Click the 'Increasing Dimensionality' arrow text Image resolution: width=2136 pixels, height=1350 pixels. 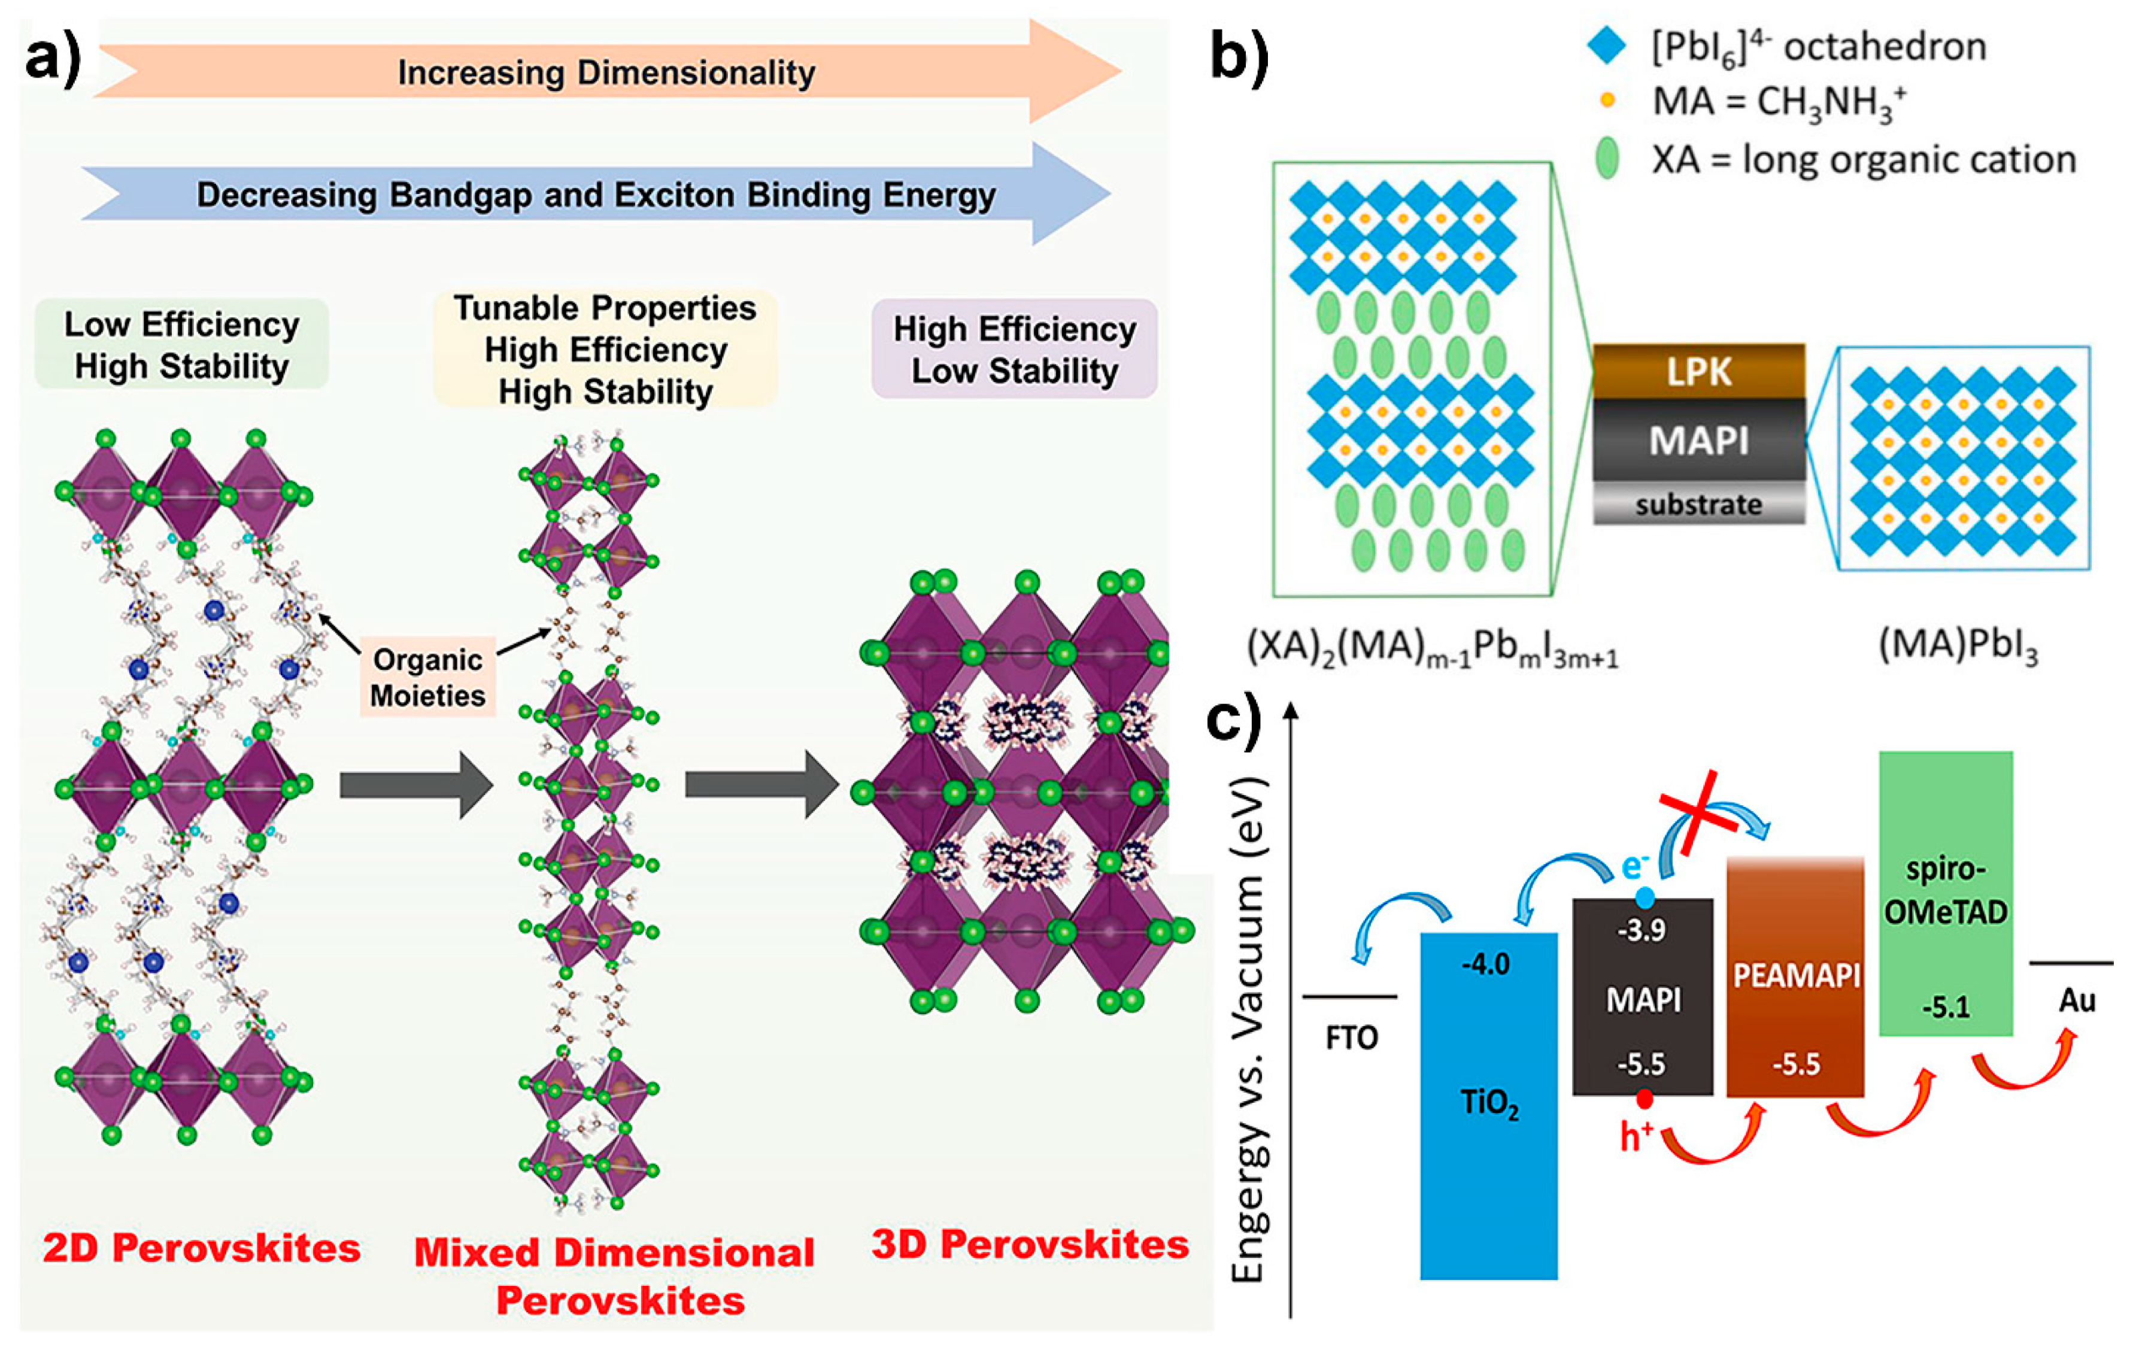click(606, 72)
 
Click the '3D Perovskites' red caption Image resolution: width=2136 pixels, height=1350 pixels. click(1030, 1245)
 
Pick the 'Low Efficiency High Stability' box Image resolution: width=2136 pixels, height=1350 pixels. click(182, 345)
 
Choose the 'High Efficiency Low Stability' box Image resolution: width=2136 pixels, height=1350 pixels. click(1015, 350)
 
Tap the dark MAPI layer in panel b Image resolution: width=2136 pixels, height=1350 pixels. click(1698, 440)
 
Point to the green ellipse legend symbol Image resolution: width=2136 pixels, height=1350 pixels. click(1606, 160)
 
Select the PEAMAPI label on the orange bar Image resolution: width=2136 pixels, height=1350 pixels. click(1795, 976)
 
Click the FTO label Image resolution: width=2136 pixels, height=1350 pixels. click(1351, 1037)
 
